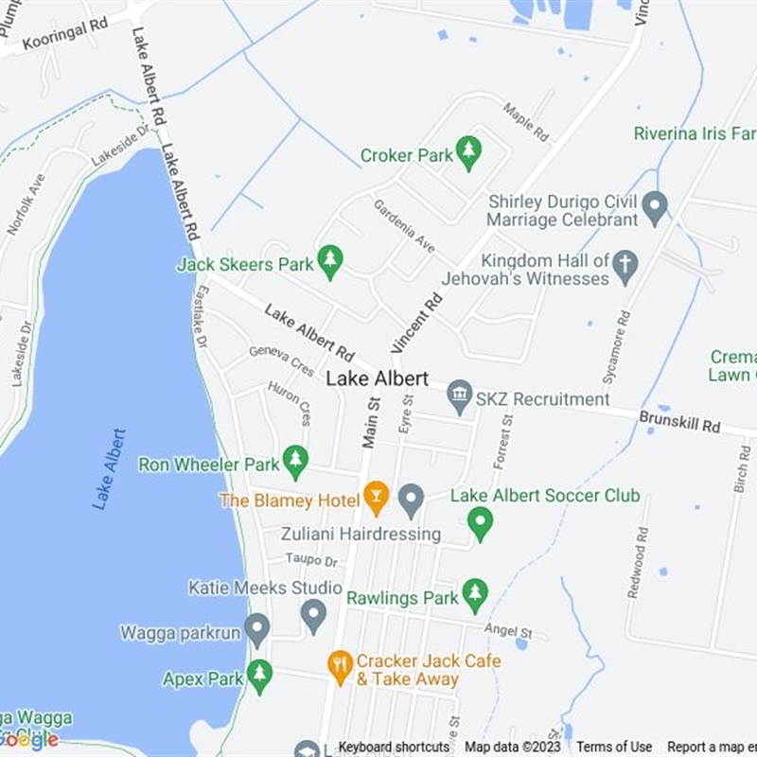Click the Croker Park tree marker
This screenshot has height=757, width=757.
[x=467, y=151]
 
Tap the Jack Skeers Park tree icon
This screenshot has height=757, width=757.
[x=329, y=261]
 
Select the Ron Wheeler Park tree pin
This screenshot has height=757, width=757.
[x=296, y=461]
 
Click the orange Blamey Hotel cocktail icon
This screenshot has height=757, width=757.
[x=377, y=497]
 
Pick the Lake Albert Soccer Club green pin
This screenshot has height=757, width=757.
[x=481, y=521]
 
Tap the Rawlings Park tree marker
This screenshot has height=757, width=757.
[x=475, y=594]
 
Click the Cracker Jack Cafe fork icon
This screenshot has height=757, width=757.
[x=340, y=666]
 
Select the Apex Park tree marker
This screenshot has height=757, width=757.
[x=259, y=676]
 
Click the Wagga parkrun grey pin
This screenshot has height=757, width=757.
[x=256, y=628]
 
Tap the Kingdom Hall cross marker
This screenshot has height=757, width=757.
[x=625, y=266]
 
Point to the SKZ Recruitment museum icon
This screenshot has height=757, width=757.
[x=460, y=396]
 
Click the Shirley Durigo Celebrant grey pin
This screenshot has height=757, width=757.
[x=655, y=206]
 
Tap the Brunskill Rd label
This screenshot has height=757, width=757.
[x=679, y=421]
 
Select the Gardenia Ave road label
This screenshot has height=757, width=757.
[x=404, y=225]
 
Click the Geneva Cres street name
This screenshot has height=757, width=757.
[x=281, y=361]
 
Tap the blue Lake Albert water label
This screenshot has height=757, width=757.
[x=110, y=469]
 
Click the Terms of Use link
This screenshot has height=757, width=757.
[x=614, y=747]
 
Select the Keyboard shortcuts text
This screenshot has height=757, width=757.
[x=394, y=747]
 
